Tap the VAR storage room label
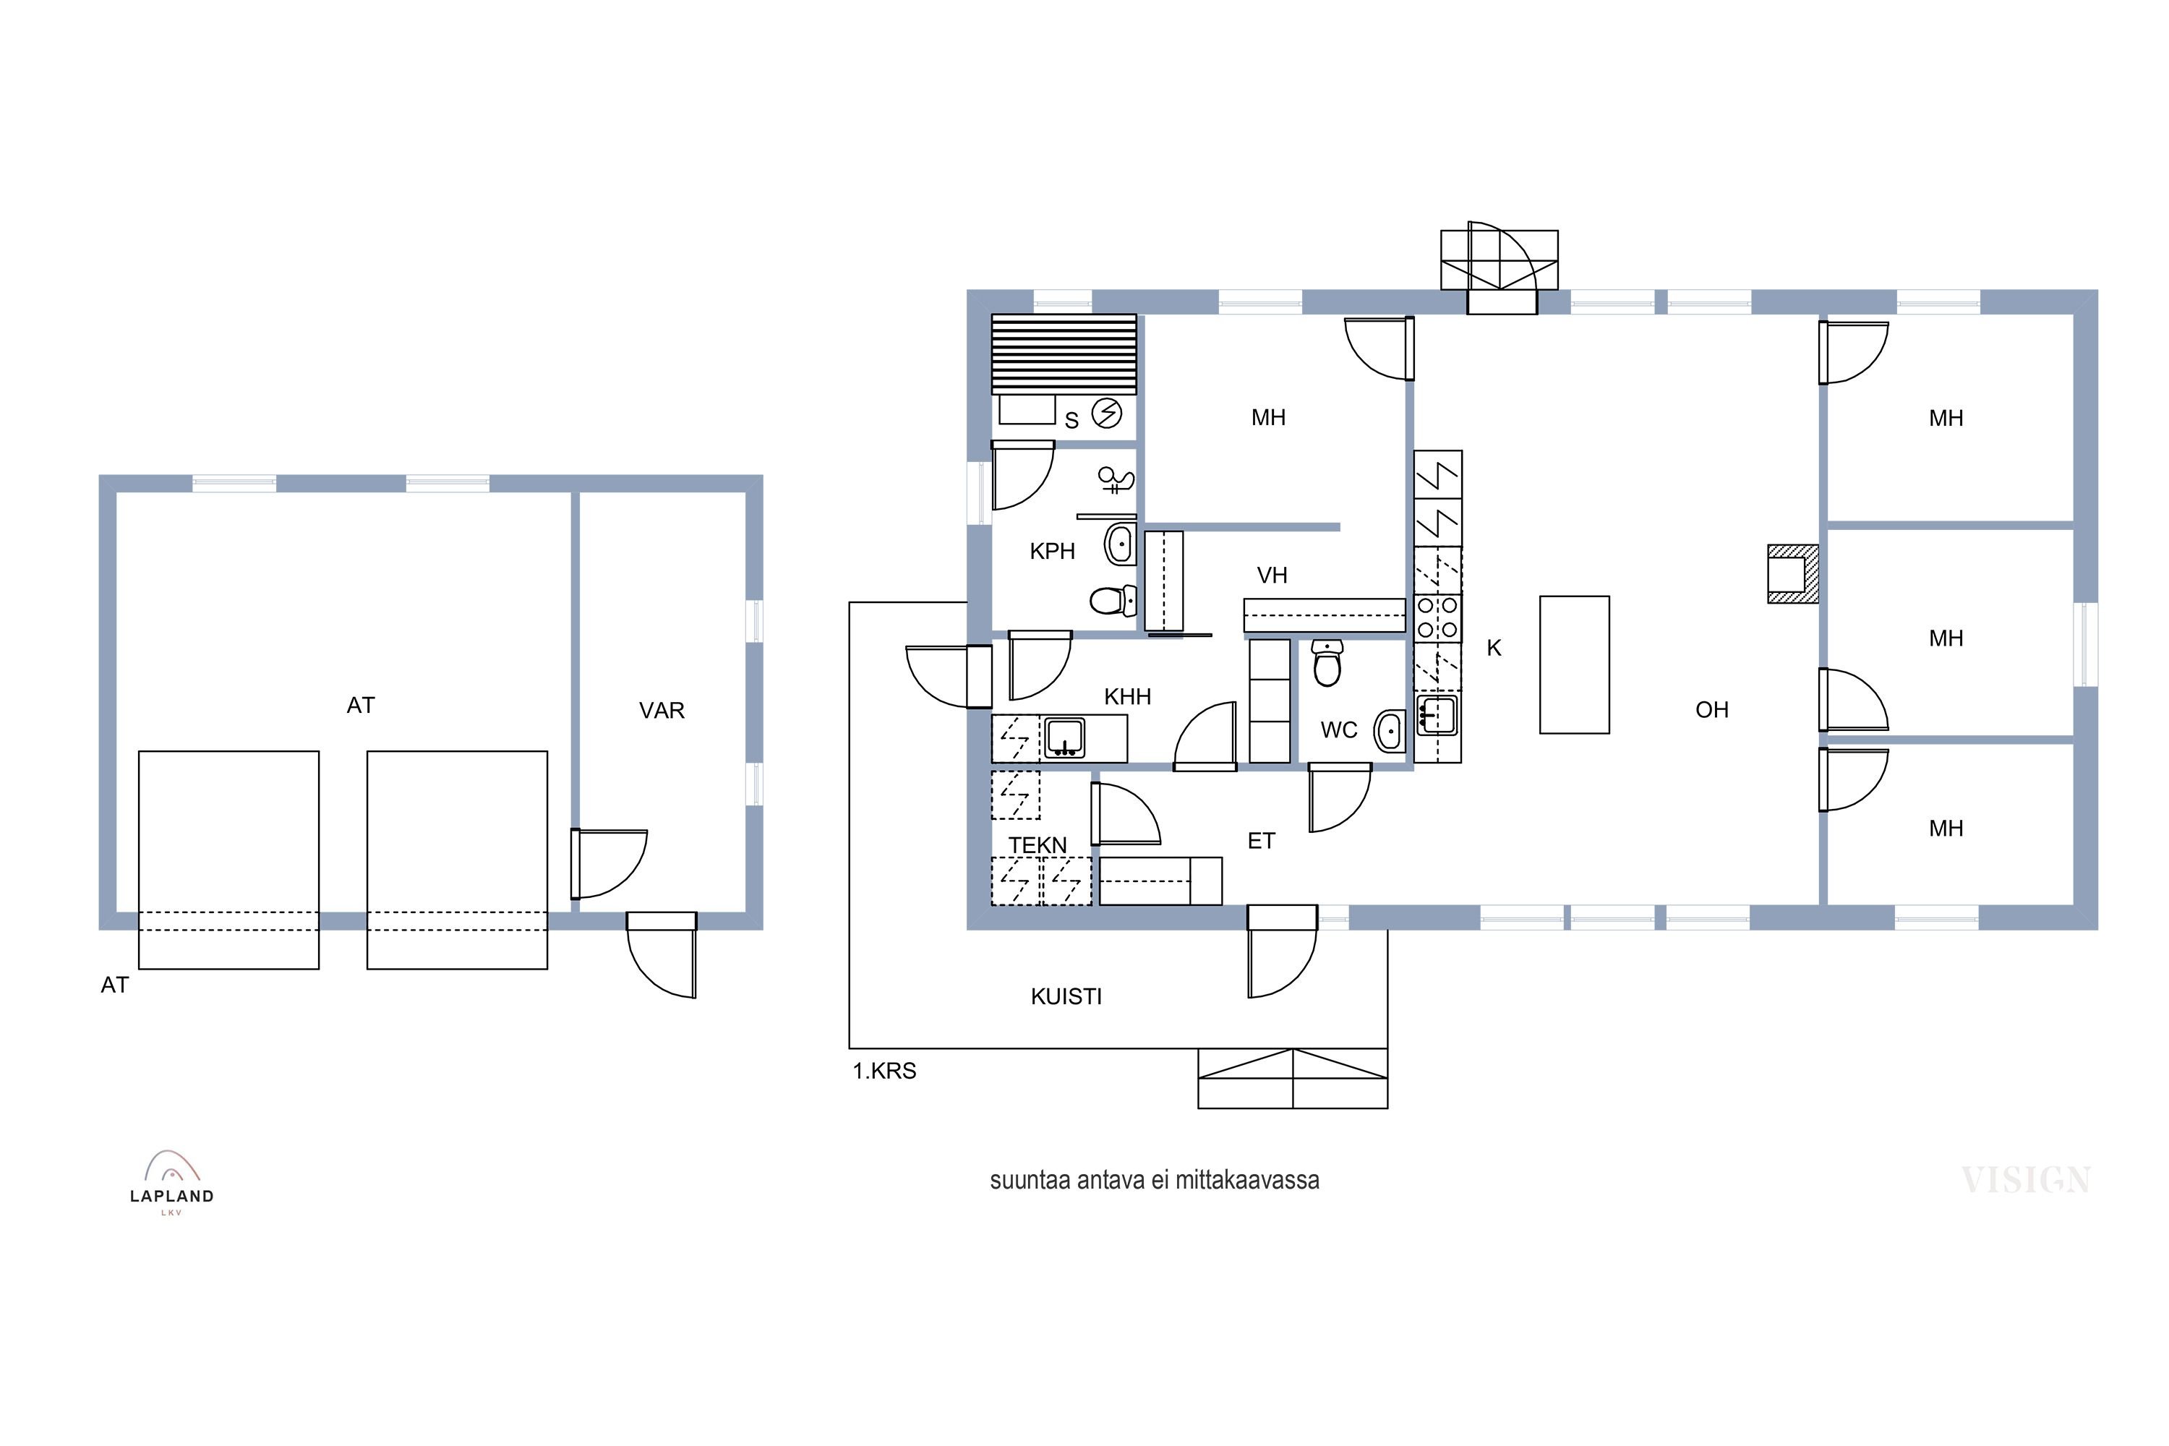click(x=662, y=711)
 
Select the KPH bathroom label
click(x=1052, y=552)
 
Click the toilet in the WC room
click(x=1327, y=663)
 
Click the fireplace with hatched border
click(x=1793, y=573)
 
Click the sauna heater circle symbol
click(x=1107, y=413)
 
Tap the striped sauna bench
click(x=1064, y=354)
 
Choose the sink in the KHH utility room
click(x=1064, y=737)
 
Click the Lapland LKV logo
click(x=171, y=1183)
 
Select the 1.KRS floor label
click(x=884, y=1071)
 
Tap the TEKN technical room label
click(x=1038, y=846)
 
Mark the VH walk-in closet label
click(x=1272, y=576)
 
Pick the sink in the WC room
click(x=1389, y=731)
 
